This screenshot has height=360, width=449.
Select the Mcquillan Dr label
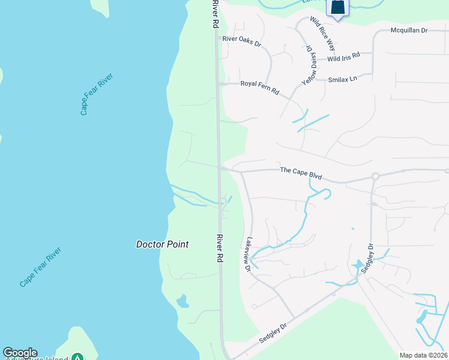tap(408, 29)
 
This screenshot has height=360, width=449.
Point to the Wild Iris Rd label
tap(343, 56)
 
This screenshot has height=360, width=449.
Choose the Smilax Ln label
tap(343, 79)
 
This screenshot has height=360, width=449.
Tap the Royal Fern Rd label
tap(259, 88)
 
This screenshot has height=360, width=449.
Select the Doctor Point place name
tap(162, 244)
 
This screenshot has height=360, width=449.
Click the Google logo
tap(20, 353)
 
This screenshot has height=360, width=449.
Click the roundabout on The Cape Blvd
tap(375, 176)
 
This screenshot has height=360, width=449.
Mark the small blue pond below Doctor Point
tap(182, 301)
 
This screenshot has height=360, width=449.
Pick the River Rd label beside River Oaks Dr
tap(215, 14)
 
